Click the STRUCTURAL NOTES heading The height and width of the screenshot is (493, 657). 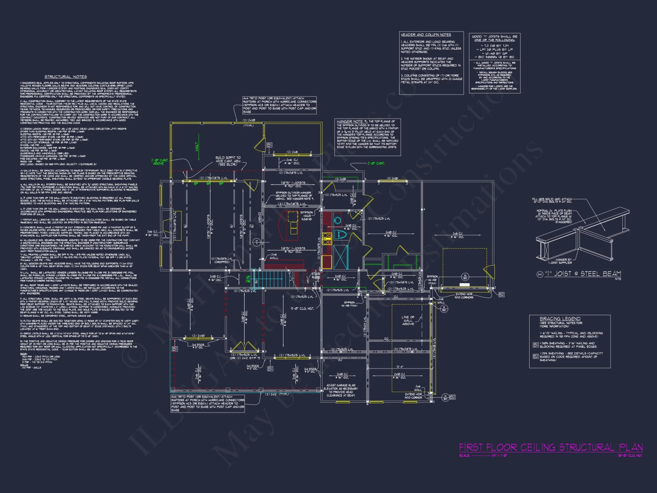[x=66, y=77]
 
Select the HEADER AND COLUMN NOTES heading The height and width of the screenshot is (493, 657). [x=426, y=35]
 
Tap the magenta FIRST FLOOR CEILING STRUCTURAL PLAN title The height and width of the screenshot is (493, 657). [x=551, y=448]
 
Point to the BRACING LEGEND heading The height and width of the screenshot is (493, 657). [x=560, y=318]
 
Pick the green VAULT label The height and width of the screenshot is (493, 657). [x=197, y=147]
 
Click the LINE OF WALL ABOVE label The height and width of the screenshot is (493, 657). [x=408, y=320]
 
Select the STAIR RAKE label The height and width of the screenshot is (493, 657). [x=316, y=275]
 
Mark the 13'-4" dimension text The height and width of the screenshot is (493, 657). [x=400, y=367]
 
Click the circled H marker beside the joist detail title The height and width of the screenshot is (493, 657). [x=540, y=274]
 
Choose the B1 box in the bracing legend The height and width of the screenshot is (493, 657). [x=535, y=345]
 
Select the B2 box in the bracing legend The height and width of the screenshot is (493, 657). [x=535, y=356]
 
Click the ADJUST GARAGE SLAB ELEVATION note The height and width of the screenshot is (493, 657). [x=341, y=390]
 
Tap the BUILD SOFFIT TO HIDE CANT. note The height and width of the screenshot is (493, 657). [x=228, y=161]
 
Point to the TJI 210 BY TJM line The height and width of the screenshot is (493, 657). [x=494, y=46]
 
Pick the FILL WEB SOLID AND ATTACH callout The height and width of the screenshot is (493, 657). [x=552, y=200]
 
